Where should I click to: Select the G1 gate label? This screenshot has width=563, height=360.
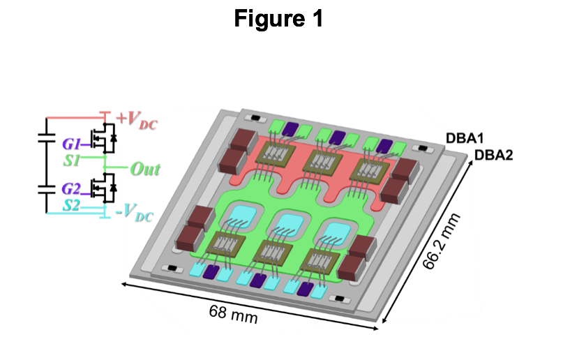[x=71, y=144]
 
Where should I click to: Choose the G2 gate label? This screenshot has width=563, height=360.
[x=71, y=188]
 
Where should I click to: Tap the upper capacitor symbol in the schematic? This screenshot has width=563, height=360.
[x=46, y=138]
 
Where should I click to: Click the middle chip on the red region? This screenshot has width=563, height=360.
[x=322, y=165]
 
